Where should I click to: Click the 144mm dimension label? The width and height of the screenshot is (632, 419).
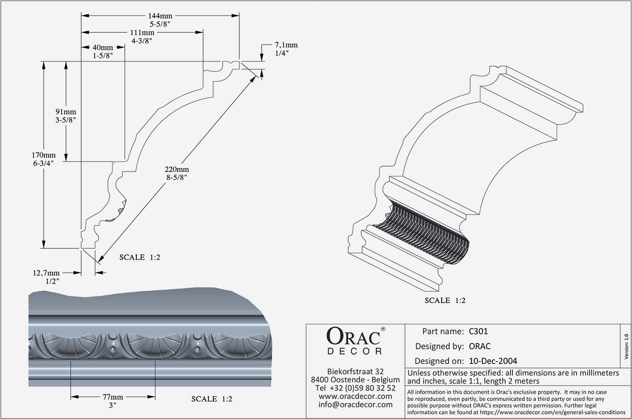160,16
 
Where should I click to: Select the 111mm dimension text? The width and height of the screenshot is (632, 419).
142,33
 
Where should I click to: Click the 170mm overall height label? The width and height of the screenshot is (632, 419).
43,155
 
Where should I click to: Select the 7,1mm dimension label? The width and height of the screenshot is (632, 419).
286,45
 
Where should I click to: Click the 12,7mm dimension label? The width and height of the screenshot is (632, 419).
46,273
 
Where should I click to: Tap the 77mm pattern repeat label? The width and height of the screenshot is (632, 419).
113,397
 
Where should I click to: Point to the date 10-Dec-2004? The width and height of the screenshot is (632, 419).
493,360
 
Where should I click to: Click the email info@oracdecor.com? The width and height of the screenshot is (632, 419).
355,404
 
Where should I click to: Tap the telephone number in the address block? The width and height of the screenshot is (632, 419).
355,388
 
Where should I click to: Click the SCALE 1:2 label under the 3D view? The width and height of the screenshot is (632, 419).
445,300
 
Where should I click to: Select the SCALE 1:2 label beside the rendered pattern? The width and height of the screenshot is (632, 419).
212,399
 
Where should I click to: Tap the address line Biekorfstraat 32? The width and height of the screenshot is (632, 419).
355,372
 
